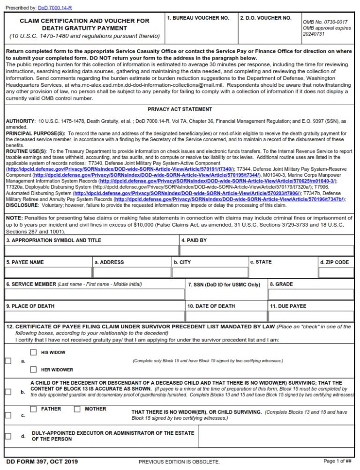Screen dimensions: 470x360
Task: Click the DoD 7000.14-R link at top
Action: pyautogui.click(x=59, y=8)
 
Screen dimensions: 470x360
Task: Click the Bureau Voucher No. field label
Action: pyautogui.click(x=198, y=18)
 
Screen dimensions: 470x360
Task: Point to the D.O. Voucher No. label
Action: pyautogui.click(x=265, y=18)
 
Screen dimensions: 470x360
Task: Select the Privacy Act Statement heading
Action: pyautogui.click(x=180, y=109)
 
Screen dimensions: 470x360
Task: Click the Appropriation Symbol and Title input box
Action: pyautogui.click(x=92, y=250)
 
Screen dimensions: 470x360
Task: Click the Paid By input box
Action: pyautogui.click(x=267, y=250)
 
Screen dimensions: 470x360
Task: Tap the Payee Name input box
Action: pyautogui.click(x=48, y=272)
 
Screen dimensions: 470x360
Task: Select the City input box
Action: pyautogui.click(x=210, y=272)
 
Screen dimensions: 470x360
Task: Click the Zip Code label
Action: pyautogui.click(x=334, y=262)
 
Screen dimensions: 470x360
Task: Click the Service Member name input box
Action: pyautogui.click(x=95, y=294)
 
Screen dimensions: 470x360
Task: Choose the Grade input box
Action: pyautogui.click(x=311, y=294)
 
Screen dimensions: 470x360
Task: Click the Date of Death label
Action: pyautogui.click(x=211, y=306)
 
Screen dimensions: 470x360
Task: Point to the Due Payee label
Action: pyautogui.click(x=287, y=306)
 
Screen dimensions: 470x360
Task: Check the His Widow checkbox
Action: pyautogui.click(x=33, y=352)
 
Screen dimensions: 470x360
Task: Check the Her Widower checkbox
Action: pyautogui.click(x=33, y=370)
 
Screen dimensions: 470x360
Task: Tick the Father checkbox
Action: pyautogui.click(x=33, y=409)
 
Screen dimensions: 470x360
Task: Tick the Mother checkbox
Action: pyautogui.click(x=77, y=409)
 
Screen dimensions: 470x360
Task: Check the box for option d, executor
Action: pyautogui.click(x=8, y=436)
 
